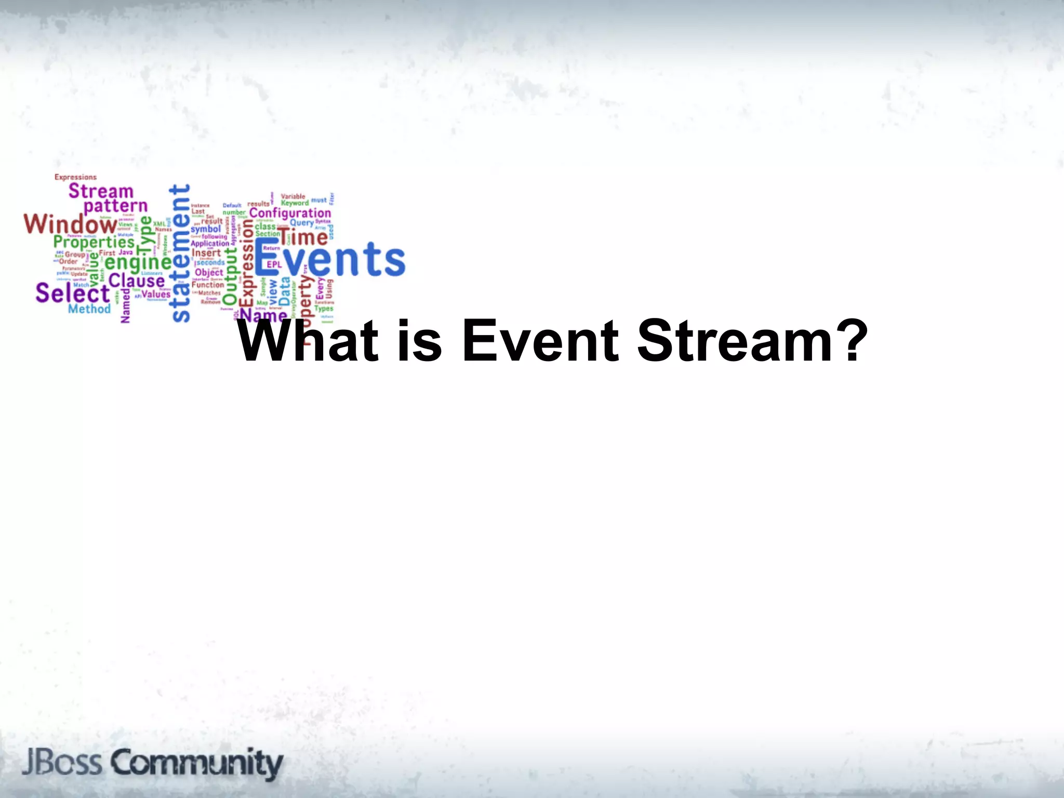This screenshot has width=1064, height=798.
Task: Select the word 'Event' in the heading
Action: point(540,341)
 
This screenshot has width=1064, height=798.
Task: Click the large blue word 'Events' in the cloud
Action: point(329,259)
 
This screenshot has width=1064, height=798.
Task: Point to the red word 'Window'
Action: point(70,224)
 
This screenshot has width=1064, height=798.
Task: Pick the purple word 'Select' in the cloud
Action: point(72,294)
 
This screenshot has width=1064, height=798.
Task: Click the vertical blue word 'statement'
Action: point(180,254)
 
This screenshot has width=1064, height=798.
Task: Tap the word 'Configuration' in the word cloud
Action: point(290,213)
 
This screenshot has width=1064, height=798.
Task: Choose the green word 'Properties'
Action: point(94,242)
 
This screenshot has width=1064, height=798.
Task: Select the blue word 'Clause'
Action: point(137,281)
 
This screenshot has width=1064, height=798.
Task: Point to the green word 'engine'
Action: point(138,262)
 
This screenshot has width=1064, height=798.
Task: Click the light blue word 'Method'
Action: point(89,309)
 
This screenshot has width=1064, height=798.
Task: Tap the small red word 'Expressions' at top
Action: point(75,177)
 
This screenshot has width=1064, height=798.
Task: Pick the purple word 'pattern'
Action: point(115,206)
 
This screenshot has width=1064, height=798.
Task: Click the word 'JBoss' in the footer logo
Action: point(62,763)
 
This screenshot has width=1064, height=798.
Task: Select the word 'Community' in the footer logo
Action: point(197,763)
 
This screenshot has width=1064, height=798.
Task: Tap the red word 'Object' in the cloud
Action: point(209,272)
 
